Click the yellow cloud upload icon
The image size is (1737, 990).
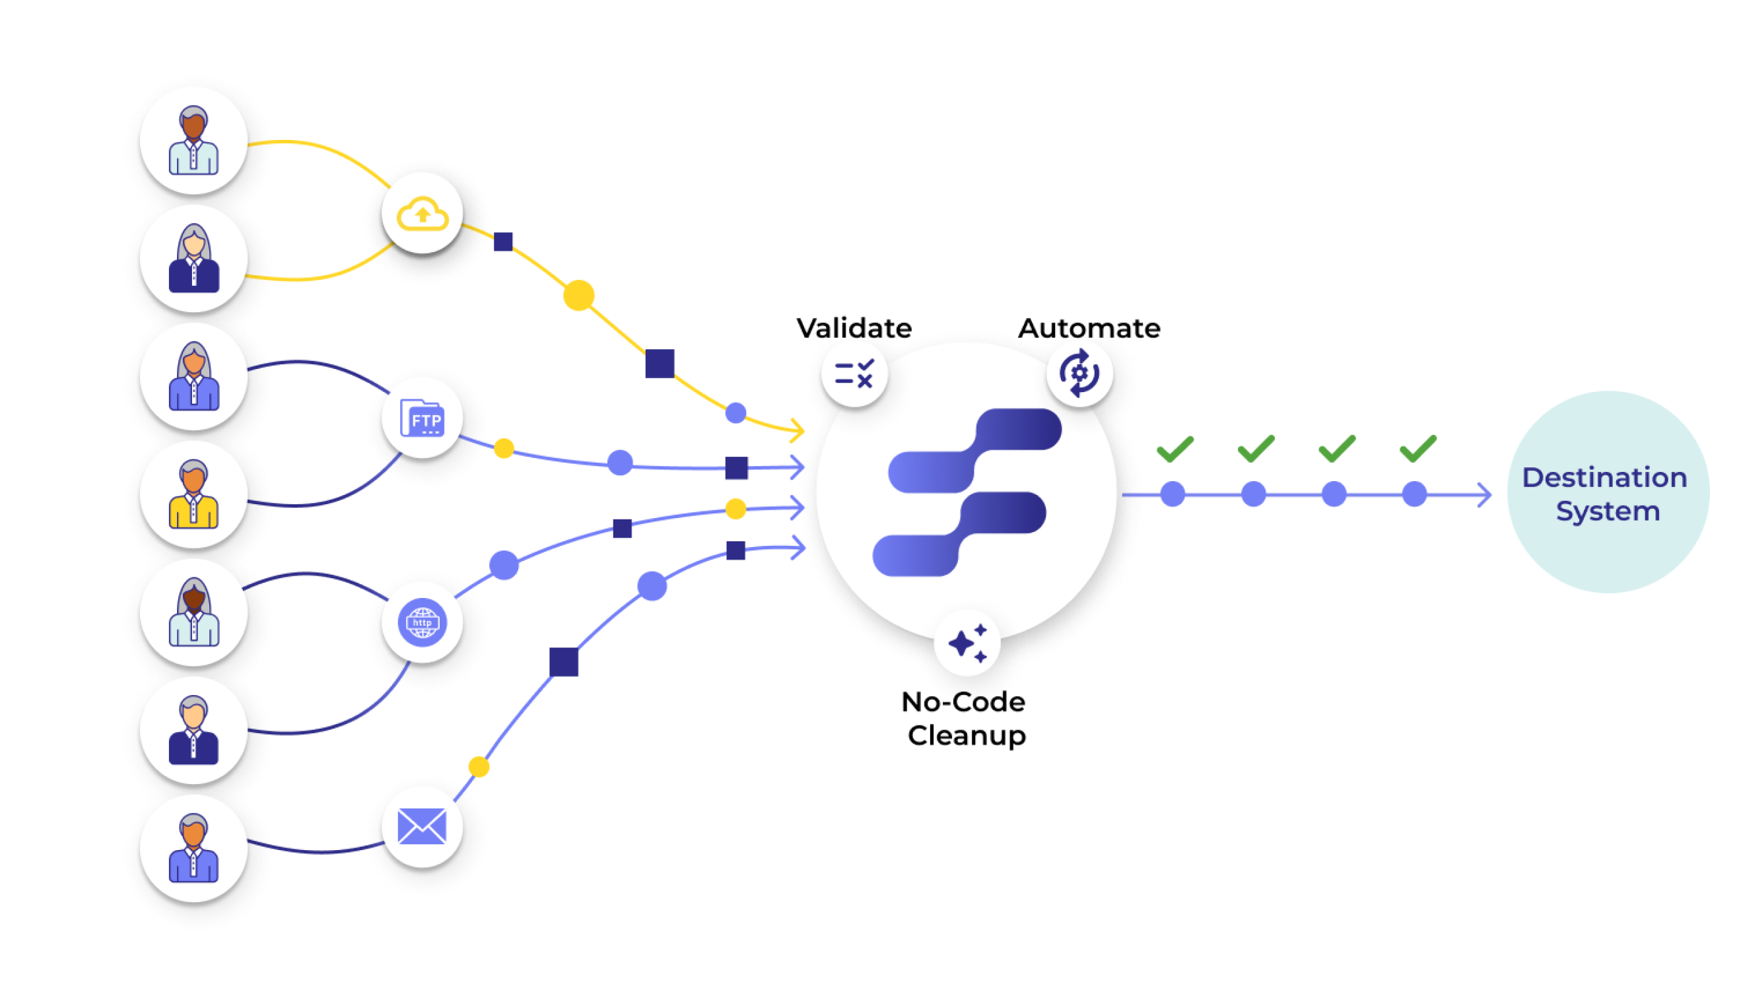point(422,214)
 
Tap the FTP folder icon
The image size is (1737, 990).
point(422,418)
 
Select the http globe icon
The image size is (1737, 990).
point(422,622)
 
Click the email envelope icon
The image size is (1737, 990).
point(422,826)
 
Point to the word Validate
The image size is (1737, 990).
point(854,329)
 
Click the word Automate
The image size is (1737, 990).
point(1088,329)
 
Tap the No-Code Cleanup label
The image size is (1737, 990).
point(965,717)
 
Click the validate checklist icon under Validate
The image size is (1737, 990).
point(854,374)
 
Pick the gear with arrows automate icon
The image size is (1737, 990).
point(1079,373)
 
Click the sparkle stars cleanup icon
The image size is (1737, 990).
point(967,643)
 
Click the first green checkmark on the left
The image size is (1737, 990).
point(1175,448)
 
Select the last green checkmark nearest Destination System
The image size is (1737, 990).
point(1417,448)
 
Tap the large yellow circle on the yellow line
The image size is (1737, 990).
point(578,296)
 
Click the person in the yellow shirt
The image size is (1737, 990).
point(193,494)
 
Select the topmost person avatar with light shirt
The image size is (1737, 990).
point(193,141)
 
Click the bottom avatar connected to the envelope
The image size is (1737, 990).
point(193,848)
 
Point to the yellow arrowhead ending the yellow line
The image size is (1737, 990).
point(798,430)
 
